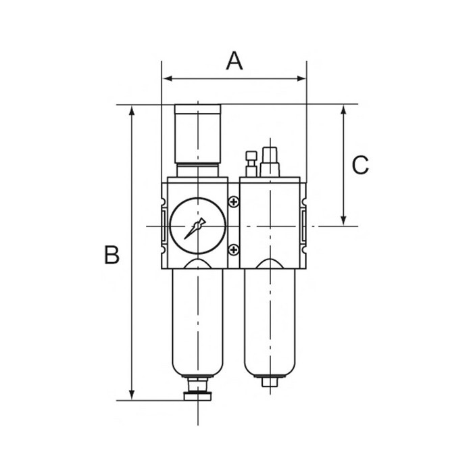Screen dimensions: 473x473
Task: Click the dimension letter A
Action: pos(234,61)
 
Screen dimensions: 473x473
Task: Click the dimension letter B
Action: pos(111,255)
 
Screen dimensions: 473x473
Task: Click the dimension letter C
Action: pos(361,164)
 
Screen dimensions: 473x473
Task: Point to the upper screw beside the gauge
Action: pos(234,201)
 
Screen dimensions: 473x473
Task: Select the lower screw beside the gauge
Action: pos(234,250)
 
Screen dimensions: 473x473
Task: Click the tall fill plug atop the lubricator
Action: pos(270,161)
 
